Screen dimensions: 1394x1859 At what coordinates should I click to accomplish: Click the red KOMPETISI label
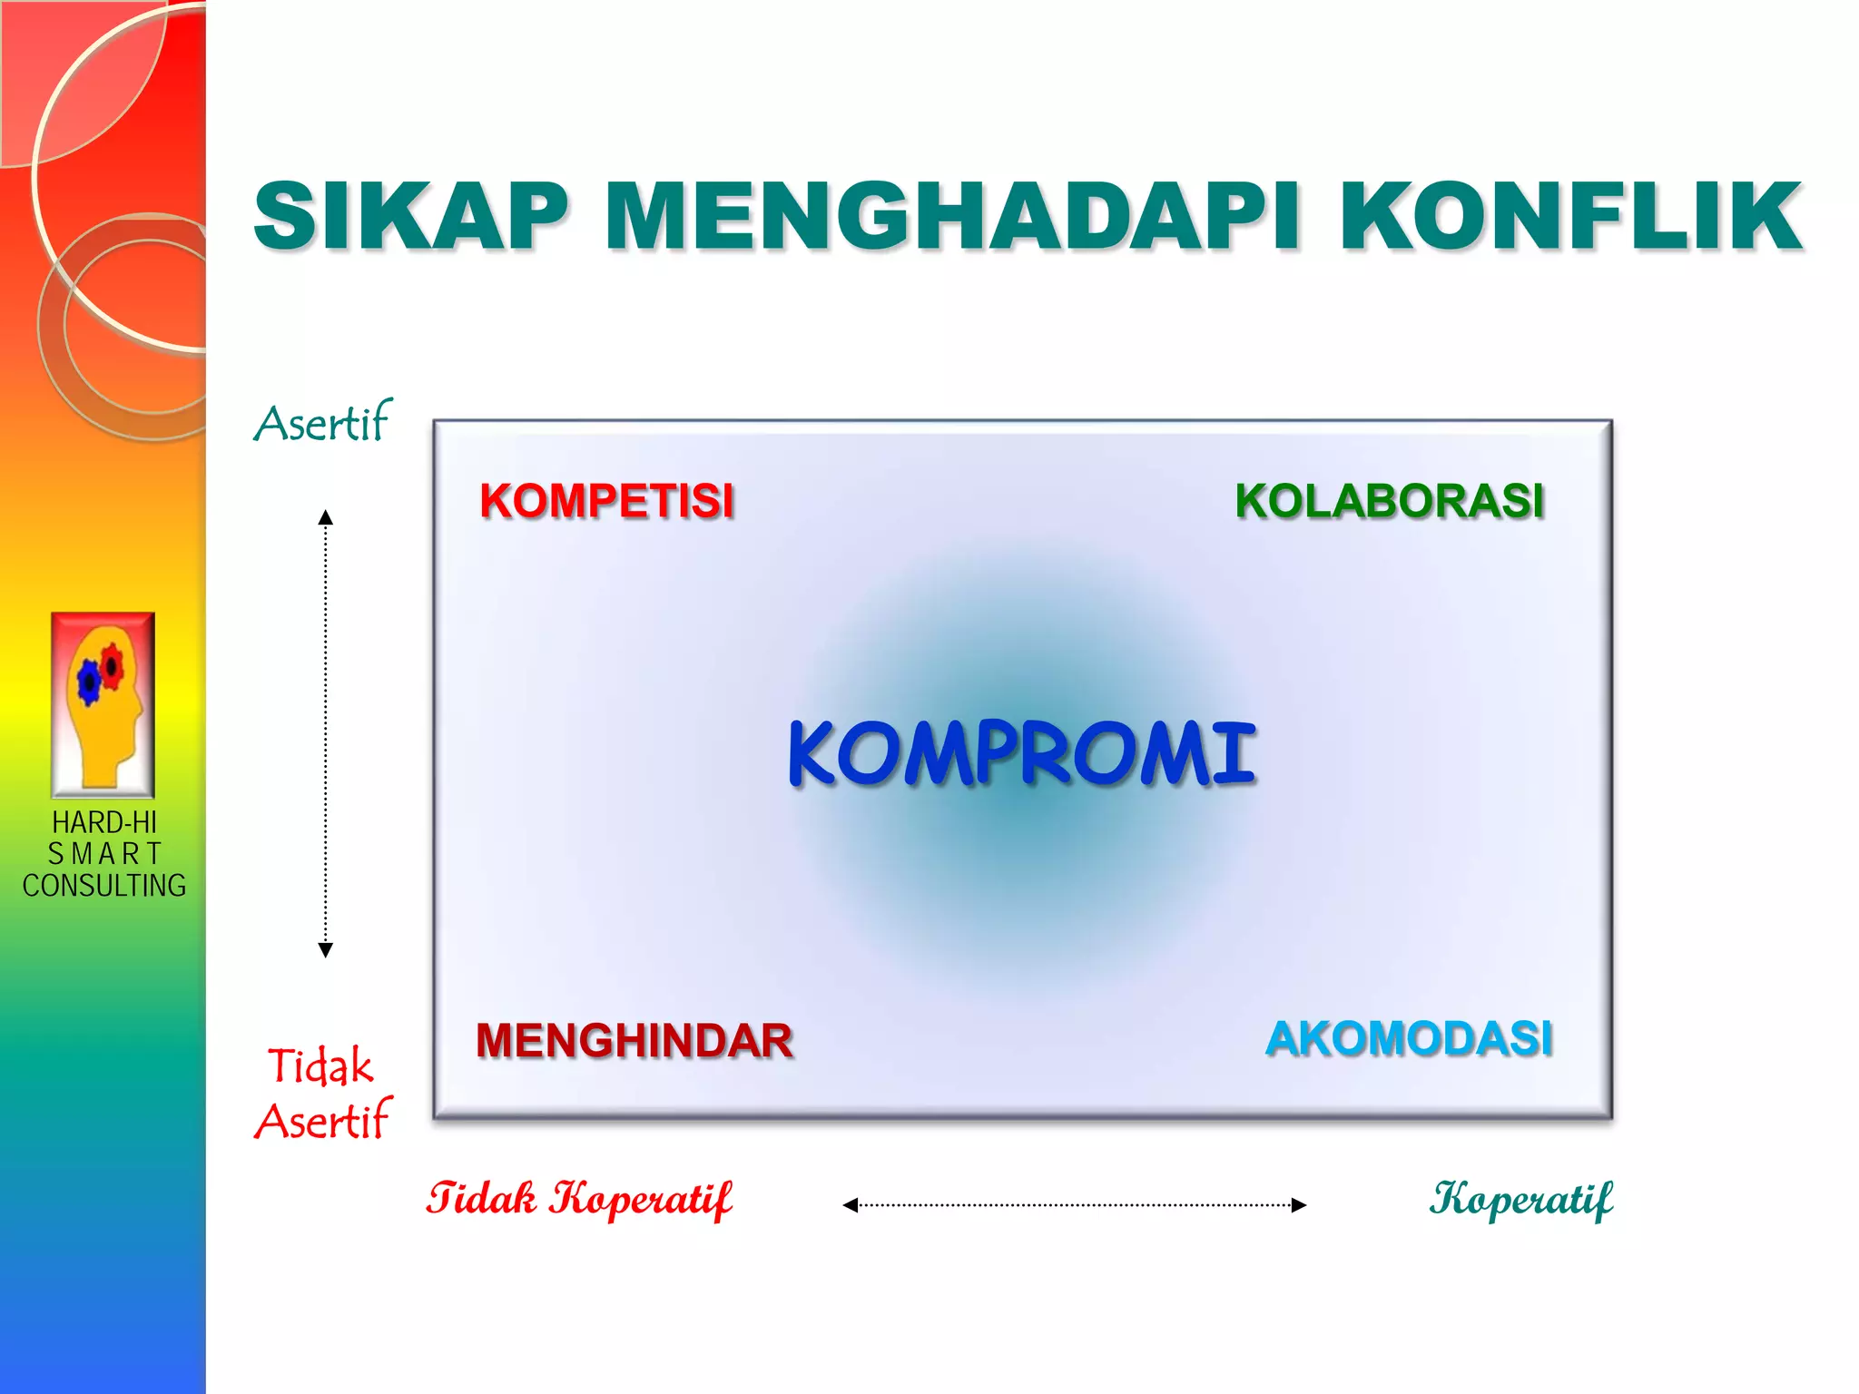coord(606,501)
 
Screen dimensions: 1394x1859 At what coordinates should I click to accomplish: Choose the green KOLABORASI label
coord(1389,501)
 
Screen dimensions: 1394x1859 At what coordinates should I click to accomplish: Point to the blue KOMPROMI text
coord(1021,753)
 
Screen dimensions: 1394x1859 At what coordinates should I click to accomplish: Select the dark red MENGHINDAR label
coord(634,1040)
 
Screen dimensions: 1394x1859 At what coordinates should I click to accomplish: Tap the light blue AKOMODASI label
coord(1409,1038)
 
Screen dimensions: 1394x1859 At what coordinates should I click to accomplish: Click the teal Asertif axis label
coord(322,423)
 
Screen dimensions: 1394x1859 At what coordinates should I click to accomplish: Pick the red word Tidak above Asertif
coord(320,1065)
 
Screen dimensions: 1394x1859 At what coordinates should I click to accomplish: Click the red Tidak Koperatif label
coord(579,1199)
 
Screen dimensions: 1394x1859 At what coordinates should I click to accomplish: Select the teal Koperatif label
coord(1521,1199)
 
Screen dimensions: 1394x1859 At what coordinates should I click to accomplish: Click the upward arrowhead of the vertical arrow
coord(326,517)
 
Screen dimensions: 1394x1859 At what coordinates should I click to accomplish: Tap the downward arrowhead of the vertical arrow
coord(326,950)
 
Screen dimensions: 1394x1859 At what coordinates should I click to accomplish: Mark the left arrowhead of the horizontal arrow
coord(851,1205)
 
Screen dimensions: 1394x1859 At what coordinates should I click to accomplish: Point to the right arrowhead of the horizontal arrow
coord(1299,1205)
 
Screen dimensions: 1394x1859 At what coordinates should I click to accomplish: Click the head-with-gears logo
coord(103,705)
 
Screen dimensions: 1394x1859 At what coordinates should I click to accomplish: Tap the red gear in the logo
coord(112,664)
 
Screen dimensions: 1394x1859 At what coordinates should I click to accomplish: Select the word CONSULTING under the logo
coord(104,886)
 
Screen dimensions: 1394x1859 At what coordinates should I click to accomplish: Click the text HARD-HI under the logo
coord(104,822)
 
